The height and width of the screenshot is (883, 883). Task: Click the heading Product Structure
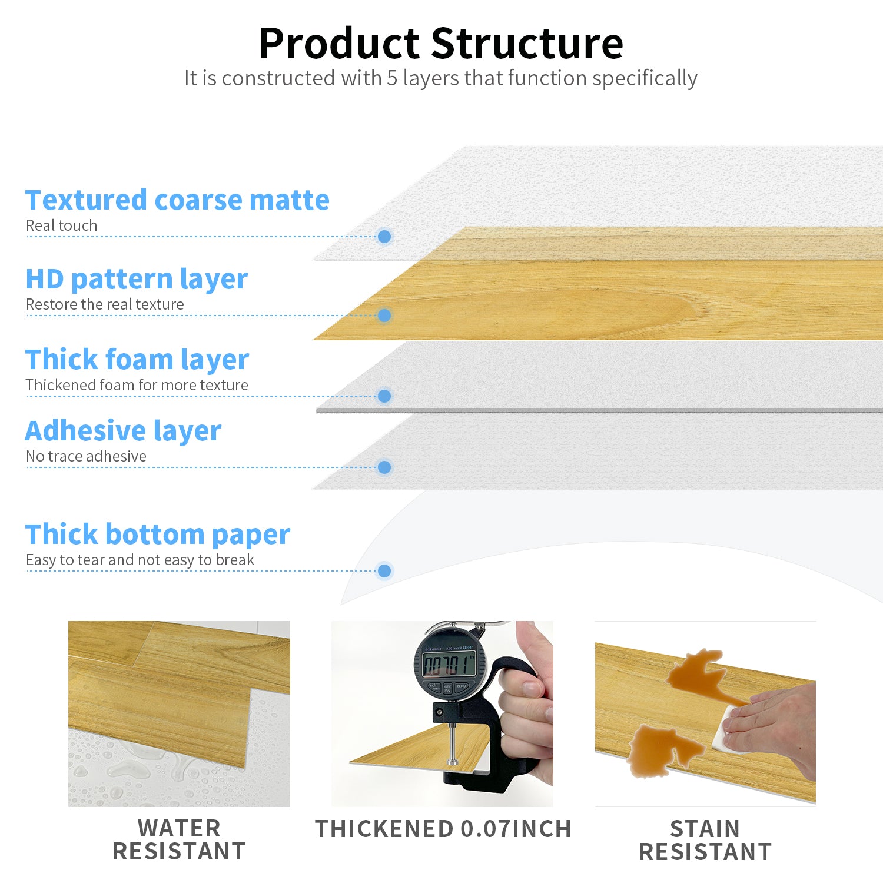click(x=441, y=44)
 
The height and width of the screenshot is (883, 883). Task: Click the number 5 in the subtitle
click(x=392, y=78)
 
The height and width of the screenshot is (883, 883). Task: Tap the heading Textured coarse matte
click(x=177, y=200)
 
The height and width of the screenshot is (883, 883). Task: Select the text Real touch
click(x=61, y=225)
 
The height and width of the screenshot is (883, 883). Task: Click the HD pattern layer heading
click(x=137, y=279)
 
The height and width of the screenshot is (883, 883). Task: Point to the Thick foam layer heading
click(x=137, y=360)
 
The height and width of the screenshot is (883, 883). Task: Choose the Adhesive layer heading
click(x=123, y=431)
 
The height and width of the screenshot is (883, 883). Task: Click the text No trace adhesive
click(x=86, y=456)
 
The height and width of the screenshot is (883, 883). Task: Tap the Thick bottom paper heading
click(x=158, y=535)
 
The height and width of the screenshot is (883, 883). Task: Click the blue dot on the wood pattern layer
click(x=384, y=316)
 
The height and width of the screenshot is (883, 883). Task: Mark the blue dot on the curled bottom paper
click(x=384, y=570)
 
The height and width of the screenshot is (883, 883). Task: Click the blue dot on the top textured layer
click(x=384, y=237)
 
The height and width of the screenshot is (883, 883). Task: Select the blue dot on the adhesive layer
click(x=384, y=467)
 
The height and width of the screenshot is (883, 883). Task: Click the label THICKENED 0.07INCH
click(x=443, y=829)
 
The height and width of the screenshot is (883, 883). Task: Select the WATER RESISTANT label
click(x=179, y=840)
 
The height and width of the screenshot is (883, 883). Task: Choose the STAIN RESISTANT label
click(x=705, y=840)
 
